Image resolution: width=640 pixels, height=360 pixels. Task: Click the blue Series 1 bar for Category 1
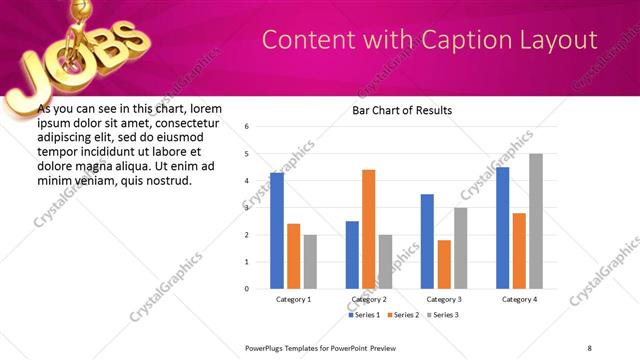pyautogui.click(x=277, y=230)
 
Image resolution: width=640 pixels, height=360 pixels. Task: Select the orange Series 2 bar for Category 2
pyautogui.click(x=369, y=229)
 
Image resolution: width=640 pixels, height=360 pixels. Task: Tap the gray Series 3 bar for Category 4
pyautogui.click(x=536, y=221)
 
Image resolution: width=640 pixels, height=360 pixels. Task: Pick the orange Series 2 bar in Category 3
pyautogui.click(x=444, y=264)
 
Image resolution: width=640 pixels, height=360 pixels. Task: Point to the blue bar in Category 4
pyautogui.click(x=503, y=228)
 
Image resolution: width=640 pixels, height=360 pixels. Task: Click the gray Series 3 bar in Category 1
pyautogui.click(x=310, y=261)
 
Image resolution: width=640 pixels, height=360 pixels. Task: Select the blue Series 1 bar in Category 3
pyautogui.click(x=427, y=241)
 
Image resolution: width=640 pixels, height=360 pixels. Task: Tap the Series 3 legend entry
pyautogui.click(x=444, y=315)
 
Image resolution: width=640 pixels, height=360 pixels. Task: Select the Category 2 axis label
pyautogui.click(x=369, y=299)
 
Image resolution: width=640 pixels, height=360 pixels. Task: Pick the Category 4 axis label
pyautogui.click(x=519, y=299)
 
